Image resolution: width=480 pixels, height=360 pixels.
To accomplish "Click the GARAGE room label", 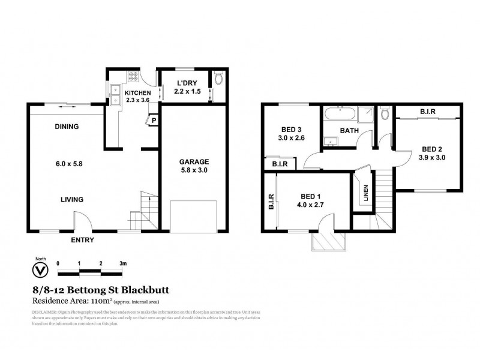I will tap(194, 162).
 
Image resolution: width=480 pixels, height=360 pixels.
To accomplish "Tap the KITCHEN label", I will tap(137, 92).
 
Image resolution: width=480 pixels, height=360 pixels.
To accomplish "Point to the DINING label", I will tap(67, 127).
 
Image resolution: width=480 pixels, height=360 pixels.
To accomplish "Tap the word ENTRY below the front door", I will tap(82, 240).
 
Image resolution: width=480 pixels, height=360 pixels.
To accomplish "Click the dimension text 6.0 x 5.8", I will tap(67, 163).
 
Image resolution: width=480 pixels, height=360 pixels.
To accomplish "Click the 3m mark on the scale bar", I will tap(123, 263).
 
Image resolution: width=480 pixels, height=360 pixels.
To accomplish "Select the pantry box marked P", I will tap(154, 120).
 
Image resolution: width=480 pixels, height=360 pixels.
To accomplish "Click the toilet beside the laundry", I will tap(219, 79).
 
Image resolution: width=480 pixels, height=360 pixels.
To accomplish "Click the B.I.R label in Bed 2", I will tap(428, 112).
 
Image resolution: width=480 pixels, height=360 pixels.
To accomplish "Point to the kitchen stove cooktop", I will tap(134, 77).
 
